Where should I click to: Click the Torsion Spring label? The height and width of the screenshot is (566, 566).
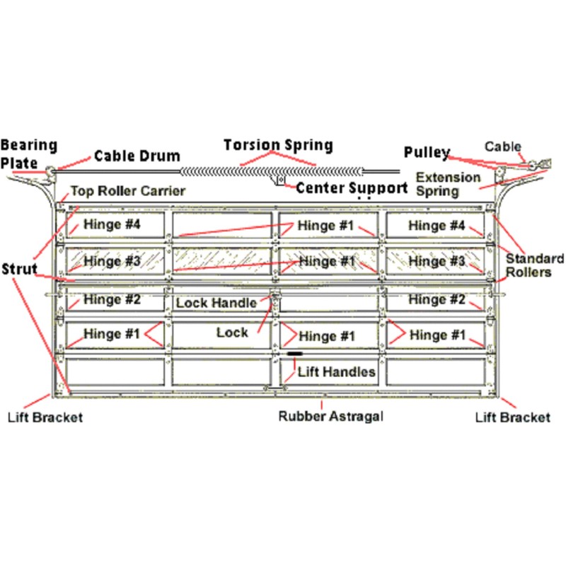[278, 145]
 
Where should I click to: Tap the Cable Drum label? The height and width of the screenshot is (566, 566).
[137, 156]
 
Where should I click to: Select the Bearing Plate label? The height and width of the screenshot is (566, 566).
[28, 154]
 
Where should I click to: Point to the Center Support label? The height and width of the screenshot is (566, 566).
[352, 188]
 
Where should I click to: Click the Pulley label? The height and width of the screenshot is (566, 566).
[427, 152]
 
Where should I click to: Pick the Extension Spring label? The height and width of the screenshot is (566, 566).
[448, 184]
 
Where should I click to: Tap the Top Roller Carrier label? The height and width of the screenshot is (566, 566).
[128, 191]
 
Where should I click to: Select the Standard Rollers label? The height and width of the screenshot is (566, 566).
[534, 265]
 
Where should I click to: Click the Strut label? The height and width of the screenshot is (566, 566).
[20, 269]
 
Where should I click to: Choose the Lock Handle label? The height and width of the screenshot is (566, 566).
[216, 303]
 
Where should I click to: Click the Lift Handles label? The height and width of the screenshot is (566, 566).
[337, 372]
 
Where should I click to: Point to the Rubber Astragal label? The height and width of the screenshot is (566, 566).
[330, 416]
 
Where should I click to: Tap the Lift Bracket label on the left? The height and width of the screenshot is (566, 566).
[45, 417]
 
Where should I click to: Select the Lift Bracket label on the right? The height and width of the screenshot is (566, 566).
[512, 417]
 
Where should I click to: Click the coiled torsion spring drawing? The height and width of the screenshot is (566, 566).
[272, 171]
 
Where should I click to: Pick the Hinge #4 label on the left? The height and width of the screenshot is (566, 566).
[112, 224]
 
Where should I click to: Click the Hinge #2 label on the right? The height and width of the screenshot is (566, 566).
[437, 299]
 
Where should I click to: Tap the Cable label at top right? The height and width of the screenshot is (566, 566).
[502, 146]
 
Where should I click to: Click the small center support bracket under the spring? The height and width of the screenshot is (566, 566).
[280, 180]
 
